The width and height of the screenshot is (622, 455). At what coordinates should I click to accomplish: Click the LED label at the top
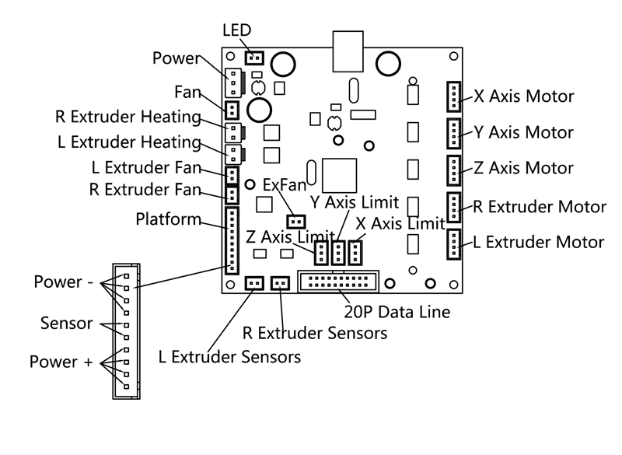tap(237, 30)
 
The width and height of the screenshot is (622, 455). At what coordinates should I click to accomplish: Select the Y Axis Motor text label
tap(523, 132)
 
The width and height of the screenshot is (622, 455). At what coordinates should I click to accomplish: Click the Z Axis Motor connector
tap(453, 169)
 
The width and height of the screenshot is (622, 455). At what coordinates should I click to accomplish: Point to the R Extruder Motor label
tap(540, 207)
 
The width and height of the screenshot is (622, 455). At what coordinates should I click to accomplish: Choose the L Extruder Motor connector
tap(453, 243)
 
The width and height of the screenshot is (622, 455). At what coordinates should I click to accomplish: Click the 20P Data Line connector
tap(338, 282)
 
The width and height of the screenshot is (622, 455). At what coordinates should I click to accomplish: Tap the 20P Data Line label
tap(397, 313)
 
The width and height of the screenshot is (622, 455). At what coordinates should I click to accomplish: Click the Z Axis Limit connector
tap(321, 252)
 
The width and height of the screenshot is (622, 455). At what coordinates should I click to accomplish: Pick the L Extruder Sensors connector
tap(253, 283)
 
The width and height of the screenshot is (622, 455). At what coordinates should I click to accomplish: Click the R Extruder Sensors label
tap(315, 334)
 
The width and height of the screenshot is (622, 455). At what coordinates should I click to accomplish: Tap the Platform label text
tap(169, 219)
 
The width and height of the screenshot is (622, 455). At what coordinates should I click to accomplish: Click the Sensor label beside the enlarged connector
tap(66, 322)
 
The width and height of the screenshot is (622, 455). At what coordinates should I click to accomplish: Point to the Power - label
tap(62, 282)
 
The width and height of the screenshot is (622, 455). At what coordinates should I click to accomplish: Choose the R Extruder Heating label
tap(128, 117)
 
